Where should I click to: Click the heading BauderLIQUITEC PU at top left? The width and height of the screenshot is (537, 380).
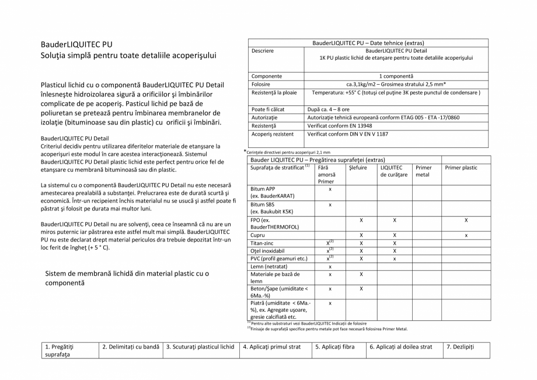pyautogui.click(x=76, y=44)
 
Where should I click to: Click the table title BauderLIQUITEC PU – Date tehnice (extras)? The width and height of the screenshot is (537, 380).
pyautogui.click(x=368, y=43)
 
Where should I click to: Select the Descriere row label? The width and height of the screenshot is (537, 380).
pyautogui.click(x=263, y=51)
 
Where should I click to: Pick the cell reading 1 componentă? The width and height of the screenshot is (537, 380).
pyautogui.click(x=396, y=76)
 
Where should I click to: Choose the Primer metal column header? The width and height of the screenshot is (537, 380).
pyautogui.click(x=423, y=171)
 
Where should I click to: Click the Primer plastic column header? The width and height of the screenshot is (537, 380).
pyautogui.click(x=461, y=168)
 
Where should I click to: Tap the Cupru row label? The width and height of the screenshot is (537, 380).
pyautogui.click(x=257, y=235)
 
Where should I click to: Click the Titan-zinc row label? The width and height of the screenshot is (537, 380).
pyautogui.click(x=262, y=243)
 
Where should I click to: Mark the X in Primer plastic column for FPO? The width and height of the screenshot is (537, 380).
pyautogui.click(x=466, y=220)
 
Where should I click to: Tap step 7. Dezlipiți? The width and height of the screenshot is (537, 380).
pyautogui.click(x=460, y=347)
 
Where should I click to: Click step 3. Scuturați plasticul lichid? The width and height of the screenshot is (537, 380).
pyautogui.click(x=200, y=347)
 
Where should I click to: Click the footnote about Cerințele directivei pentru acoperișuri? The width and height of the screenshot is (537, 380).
pyautogui.click(x=287, y=152)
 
